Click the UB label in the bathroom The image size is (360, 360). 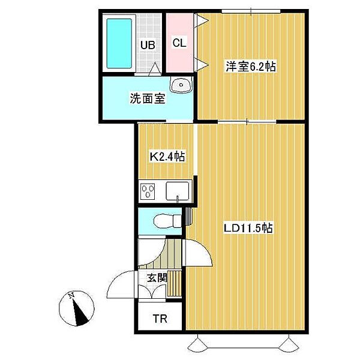(x=148, y=44)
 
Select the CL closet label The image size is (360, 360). (x=179, y=43)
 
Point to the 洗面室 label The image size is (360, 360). (x=147, y=100)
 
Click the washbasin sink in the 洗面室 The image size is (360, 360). (x=181, y=86)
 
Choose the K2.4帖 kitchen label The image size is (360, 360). (x=167, y=157)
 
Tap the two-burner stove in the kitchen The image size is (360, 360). (x=148, y=193)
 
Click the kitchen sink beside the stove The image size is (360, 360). (x=178, y=192)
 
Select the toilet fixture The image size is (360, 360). (x=167, y=221)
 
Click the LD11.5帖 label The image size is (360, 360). (x=249, y=228)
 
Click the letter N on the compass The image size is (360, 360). (x=71, y=295)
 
